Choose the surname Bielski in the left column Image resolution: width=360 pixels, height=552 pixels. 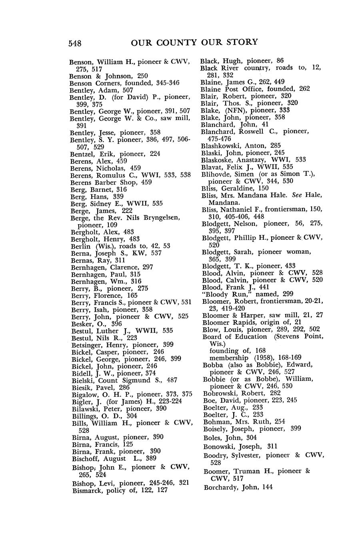tap(83, 380)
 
